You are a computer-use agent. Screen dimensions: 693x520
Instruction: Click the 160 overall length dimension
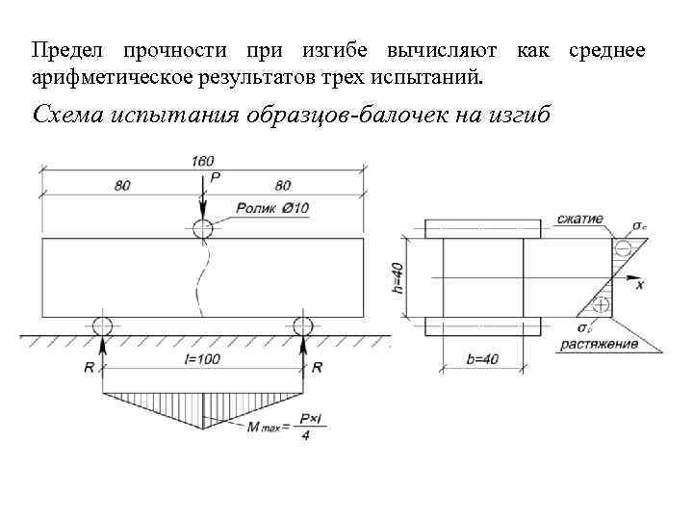[202, 161]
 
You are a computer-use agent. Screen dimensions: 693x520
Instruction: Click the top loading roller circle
[202, 228]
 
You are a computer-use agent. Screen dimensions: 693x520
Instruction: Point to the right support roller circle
[303, 325]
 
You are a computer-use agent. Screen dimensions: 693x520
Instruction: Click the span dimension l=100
[203, 359]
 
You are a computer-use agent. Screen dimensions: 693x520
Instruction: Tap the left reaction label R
[88, 368]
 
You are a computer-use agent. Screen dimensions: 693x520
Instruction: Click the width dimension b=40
[482, 359]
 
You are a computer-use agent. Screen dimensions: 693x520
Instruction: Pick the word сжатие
[579, 219]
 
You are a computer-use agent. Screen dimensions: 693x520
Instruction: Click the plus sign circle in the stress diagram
[602, 306]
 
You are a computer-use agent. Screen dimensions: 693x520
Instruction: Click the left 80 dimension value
[122, 185]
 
